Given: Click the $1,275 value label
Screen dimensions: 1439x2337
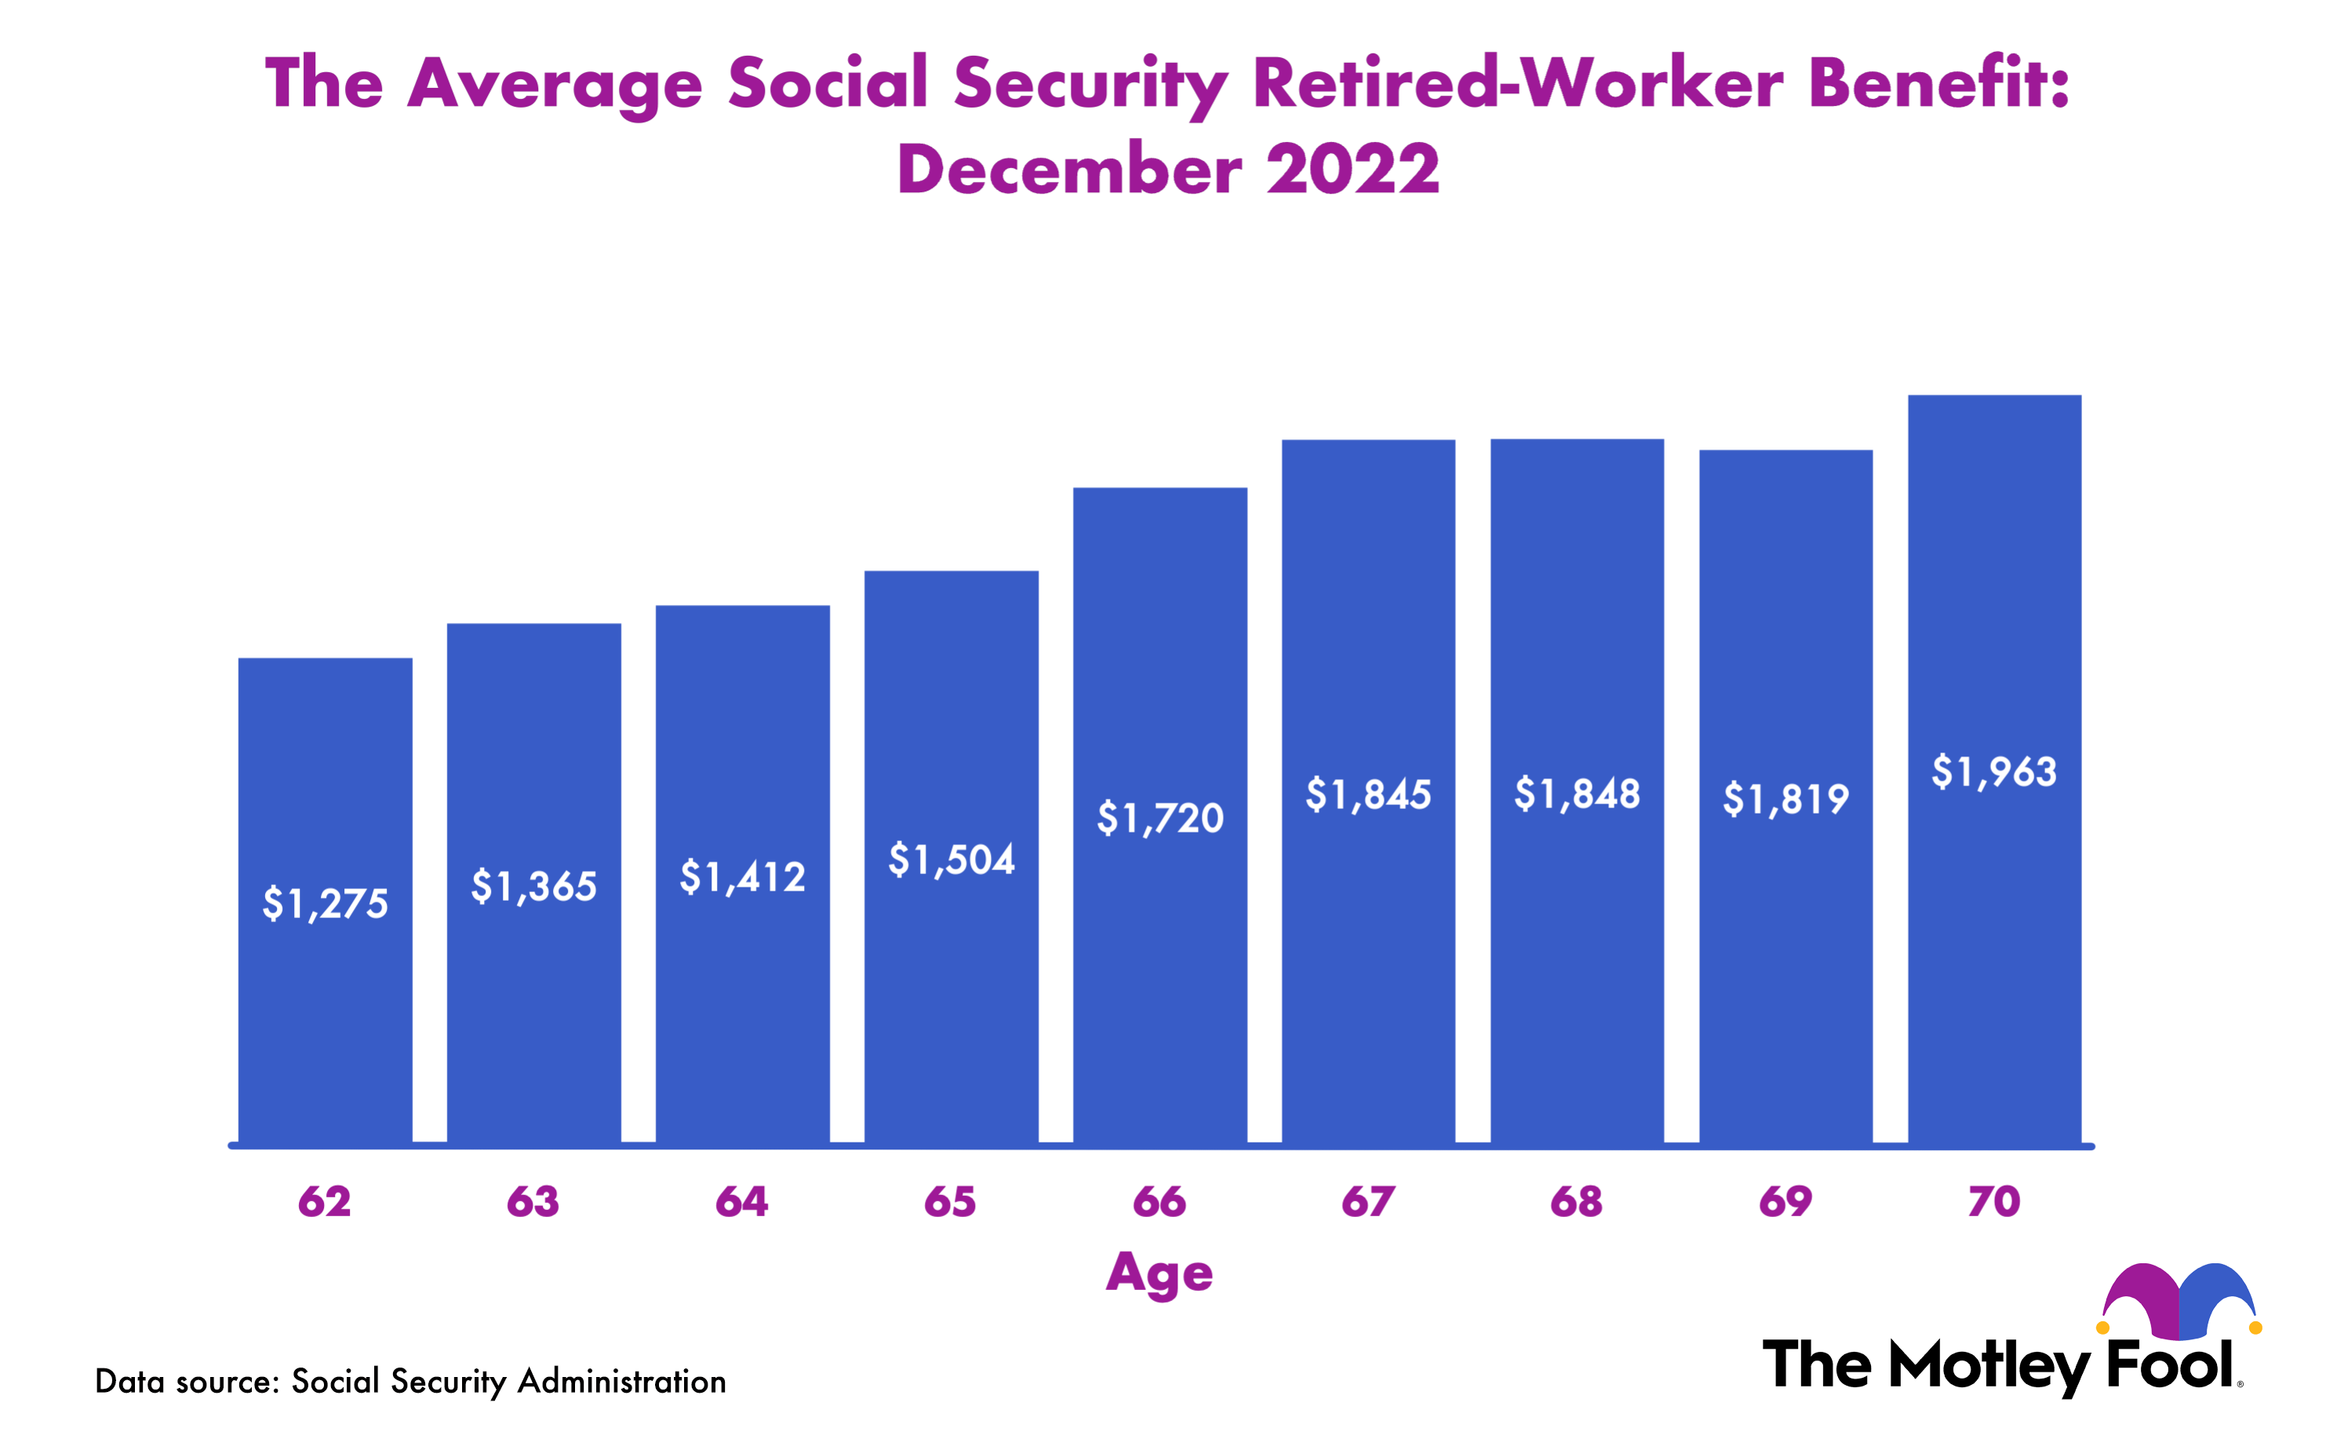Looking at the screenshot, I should (326, 903).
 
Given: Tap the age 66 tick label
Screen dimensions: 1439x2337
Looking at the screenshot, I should (1159, 1202).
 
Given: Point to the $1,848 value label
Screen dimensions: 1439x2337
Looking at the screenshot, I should (1577, 794).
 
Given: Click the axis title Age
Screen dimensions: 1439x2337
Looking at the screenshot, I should (1159, 1273).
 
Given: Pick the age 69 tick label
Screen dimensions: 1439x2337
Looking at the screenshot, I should (1785, 1202).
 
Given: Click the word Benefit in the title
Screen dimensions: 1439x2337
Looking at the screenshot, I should (1936, 84).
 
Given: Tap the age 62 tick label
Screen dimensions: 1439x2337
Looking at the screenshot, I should (325, 1202).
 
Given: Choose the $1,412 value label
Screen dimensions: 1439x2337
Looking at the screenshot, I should (742, 877).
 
